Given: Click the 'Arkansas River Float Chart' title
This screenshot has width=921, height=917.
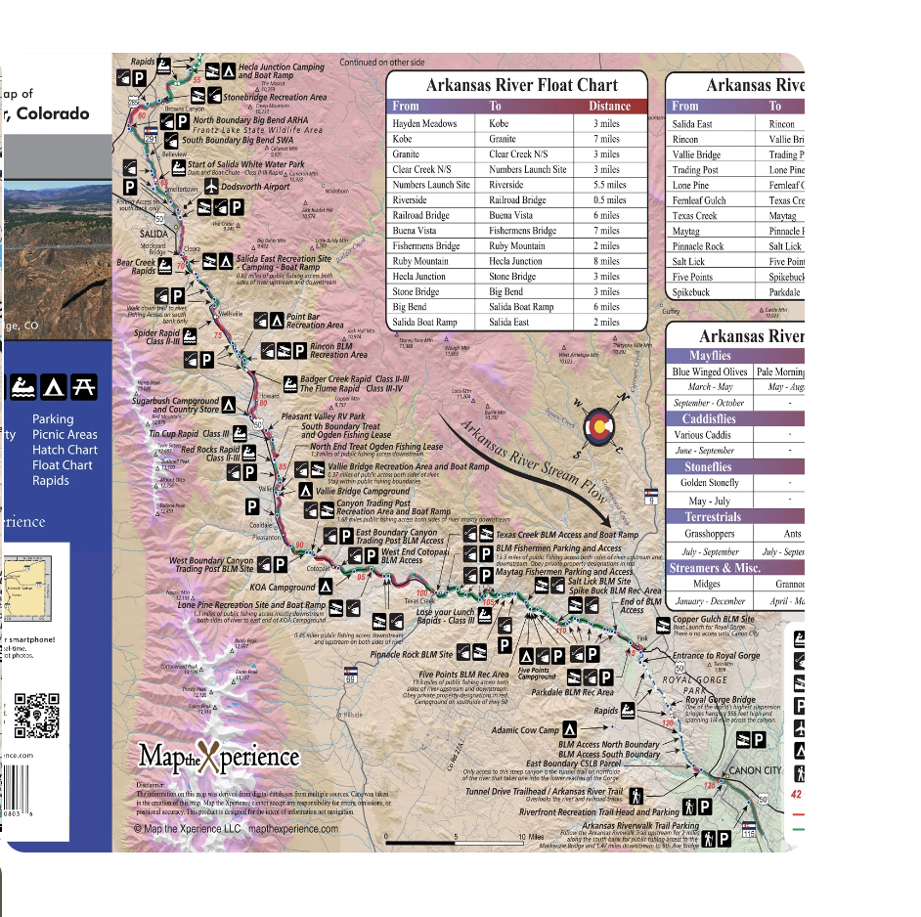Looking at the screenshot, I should [515, 85].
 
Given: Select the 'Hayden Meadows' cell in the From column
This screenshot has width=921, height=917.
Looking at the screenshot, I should [424, 124].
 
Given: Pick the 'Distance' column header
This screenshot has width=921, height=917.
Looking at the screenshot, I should [609, 106].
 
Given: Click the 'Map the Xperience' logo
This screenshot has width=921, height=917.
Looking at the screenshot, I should [218, 757].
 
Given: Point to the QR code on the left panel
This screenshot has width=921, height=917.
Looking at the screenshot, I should [37, 715].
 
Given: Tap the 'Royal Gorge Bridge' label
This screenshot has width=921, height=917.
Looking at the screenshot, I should [720, 700].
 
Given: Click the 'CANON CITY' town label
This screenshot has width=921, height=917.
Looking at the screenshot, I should [755, 770].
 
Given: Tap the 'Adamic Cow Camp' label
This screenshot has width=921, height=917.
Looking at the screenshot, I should [525, 730].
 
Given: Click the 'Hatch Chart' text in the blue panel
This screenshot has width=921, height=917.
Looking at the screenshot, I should [65, 450].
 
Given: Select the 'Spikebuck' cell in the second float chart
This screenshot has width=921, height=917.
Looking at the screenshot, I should [690, 292].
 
